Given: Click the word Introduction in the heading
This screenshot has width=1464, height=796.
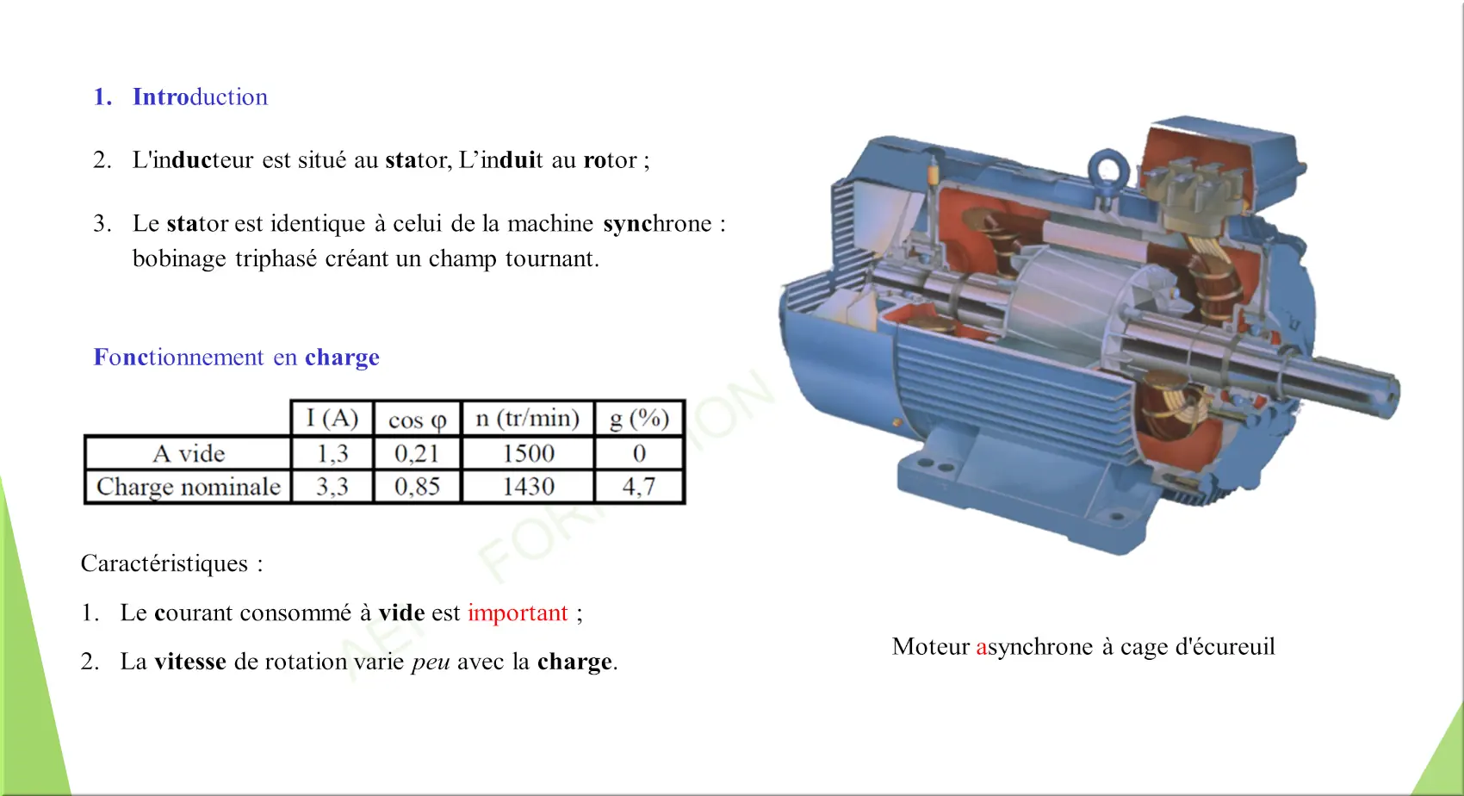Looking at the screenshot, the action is point(200,96).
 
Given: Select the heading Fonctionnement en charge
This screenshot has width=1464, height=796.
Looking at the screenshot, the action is point(237,357).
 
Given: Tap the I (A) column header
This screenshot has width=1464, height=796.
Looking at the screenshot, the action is point(332,419).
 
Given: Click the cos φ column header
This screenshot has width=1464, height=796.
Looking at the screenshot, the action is point(417,420).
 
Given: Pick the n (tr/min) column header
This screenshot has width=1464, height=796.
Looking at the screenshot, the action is point(528,419).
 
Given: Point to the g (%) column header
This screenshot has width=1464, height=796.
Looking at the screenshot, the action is point(639,419).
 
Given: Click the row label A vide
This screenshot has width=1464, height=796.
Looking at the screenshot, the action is point(189,453).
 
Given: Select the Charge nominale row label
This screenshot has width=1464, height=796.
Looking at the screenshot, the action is point(189,487).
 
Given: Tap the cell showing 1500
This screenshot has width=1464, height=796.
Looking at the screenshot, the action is point(528,453).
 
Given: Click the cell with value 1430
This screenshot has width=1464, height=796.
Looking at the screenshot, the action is point(528,487).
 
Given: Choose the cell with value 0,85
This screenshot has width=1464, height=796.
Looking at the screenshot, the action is point(417,487).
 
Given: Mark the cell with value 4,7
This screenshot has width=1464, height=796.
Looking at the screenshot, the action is point(639,487).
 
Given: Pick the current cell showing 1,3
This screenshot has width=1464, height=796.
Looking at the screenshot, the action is point(332,453).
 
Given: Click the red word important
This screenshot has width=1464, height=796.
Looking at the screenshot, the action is point(518,613).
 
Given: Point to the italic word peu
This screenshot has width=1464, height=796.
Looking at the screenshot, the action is point(431,662).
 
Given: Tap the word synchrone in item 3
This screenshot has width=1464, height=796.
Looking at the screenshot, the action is point(657,223).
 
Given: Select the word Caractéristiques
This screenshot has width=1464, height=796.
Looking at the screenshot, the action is point(164,563).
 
